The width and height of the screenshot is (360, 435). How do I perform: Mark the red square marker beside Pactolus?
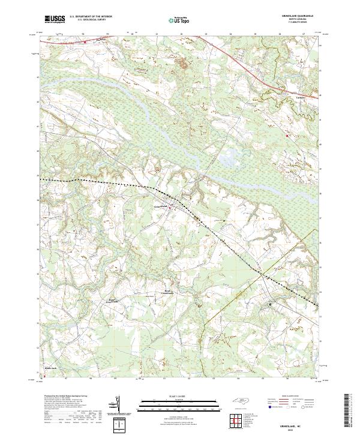pos(85,43)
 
